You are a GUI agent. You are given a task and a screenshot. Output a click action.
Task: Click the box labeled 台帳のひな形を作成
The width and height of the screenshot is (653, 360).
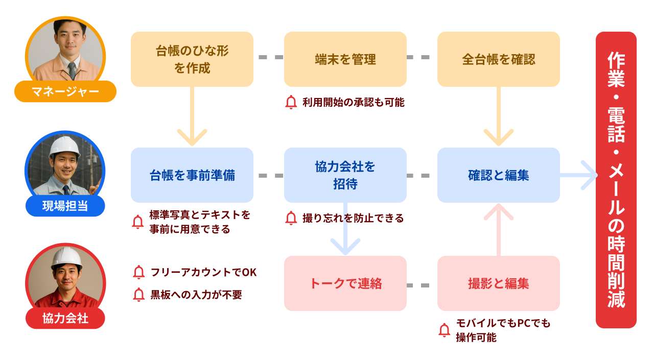(192, 59)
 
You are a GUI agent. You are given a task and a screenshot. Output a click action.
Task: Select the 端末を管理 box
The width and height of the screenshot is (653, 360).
(345, 59)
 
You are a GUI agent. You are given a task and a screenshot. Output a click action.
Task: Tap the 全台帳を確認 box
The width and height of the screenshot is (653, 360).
(498, 59)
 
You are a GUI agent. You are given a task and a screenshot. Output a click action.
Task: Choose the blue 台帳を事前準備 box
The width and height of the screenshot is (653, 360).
(192, 175)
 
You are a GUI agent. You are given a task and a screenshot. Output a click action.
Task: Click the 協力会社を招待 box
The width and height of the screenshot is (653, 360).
(345, 175)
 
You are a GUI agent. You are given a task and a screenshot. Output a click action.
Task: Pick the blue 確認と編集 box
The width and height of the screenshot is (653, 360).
(498, 175)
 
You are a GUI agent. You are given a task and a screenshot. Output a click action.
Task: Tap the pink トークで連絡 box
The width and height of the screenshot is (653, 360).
(345, 283)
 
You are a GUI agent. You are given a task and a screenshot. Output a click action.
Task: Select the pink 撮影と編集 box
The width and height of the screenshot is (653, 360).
(498, 283)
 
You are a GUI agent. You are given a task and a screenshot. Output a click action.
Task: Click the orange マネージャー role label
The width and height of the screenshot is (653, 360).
(65, 92)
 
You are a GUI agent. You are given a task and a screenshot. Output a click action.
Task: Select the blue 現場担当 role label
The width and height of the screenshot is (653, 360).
(65, 206)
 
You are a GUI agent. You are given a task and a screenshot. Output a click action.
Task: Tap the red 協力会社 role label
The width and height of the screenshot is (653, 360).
(65, 318)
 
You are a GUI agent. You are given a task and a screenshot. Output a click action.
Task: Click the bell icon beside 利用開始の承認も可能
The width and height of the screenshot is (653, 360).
(291, 103)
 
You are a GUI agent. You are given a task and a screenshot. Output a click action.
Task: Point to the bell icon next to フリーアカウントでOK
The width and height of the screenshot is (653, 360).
(138, 273)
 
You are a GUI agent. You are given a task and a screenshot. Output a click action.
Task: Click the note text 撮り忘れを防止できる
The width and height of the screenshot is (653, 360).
(353, 219)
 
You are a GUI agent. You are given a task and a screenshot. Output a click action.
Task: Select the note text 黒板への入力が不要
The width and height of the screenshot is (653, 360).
(196, 295)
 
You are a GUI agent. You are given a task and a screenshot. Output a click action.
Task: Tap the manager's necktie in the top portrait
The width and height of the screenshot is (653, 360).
(72, 70)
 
